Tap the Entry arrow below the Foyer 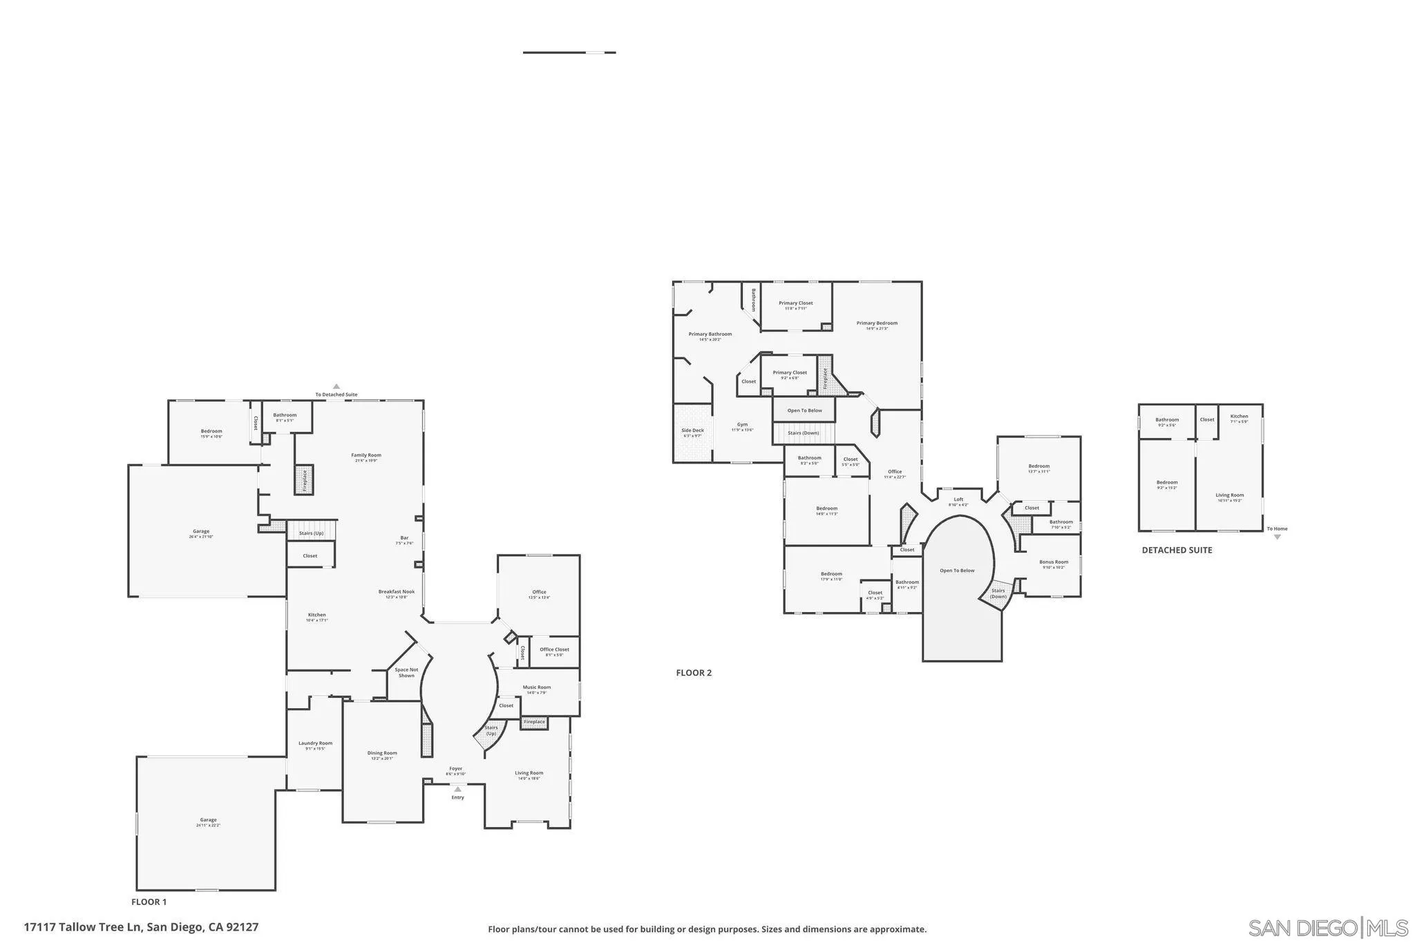(457, 789)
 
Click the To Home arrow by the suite (1277, 536)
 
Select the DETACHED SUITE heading (1177, 551)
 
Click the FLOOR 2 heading (694, 673)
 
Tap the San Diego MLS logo (1328, 927)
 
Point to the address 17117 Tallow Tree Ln (141, 926)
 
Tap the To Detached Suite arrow (336, 387)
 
